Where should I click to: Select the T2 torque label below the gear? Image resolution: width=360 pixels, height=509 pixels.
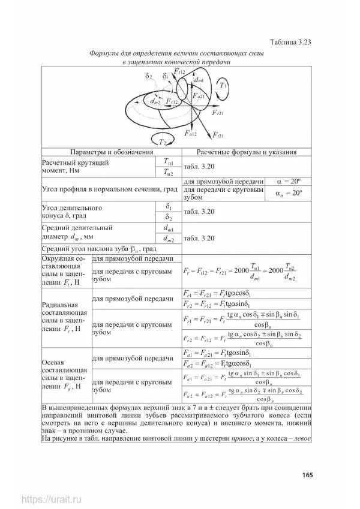pyautogui.click(x=162, y=141)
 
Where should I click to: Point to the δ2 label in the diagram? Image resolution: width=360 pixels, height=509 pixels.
pyautogui.click(x=148, y=77)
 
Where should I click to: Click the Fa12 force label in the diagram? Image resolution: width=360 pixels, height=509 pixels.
pyautogui.click(x=191, y=133)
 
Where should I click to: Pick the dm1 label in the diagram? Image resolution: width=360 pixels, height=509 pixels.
pyautogui.click(x=199, y=80)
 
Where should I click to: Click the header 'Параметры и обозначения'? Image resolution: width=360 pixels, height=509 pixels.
pyautogui.click(x=111, y=152)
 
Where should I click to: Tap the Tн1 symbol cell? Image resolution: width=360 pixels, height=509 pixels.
pyautogui.click(x=169, y=161)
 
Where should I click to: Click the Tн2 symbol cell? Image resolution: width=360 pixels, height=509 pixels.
pyautogui.click(x=169, y=173)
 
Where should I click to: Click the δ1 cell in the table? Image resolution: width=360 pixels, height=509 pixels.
pyautogui.click(x=169, y=206)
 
